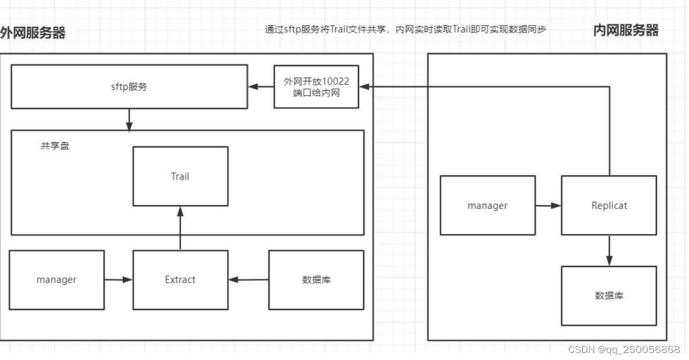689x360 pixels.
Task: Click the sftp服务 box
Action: click(129, 87)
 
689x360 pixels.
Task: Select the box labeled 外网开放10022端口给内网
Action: click(317, 87)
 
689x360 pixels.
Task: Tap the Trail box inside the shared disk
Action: click(180, 177)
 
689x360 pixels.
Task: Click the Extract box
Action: click(180, 280)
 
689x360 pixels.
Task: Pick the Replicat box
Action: click(609, 206)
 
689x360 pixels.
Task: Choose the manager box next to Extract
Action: click(56, 280)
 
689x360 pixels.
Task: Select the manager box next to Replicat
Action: click(487, 206)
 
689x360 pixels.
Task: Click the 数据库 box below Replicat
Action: click(609, 296)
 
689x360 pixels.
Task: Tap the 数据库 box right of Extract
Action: click(317, 280)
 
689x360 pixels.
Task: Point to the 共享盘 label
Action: click(55, 146)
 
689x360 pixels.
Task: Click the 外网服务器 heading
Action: click(33, 33)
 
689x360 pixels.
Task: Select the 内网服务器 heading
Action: click(626, 30)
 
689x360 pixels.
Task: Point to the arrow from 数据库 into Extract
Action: click(249, 280)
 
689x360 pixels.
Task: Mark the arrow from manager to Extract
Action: click(119, 280)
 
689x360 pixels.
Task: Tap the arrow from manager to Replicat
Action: click(548, 206)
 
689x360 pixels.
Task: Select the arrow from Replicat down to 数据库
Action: click(609, 250)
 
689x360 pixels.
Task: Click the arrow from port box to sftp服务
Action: click(261, 87)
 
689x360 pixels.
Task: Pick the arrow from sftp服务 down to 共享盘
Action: click(129, 120)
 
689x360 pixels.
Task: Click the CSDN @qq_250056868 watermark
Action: click(623, 350)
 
